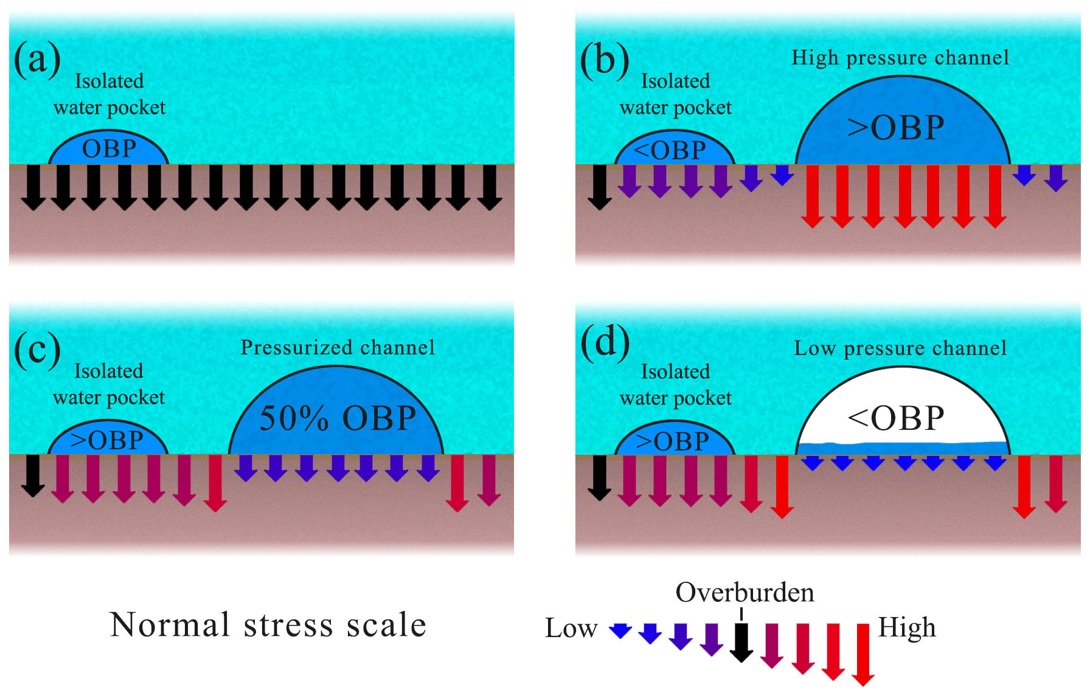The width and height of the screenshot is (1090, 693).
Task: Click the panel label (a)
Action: pos(37,60)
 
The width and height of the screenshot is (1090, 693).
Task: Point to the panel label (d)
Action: pos(605,343)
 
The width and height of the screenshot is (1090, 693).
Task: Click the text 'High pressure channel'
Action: pos(900,58)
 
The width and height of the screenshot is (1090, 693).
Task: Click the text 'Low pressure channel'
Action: pos(900,348)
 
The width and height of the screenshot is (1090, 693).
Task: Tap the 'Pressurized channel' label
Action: pos(338,348)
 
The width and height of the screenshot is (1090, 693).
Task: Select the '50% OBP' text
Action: pos(338,418)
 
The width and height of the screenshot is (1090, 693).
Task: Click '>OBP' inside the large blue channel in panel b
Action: pos(896,128)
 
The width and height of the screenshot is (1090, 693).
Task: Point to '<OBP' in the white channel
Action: pos(896,418)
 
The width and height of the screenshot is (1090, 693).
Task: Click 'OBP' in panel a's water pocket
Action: pos(109,149)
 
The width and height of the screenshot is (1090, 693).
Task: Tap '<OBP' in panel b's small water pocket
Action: pos(670,150)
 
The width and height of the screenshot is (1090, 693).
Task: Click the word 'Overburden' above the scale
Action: pos(745,593)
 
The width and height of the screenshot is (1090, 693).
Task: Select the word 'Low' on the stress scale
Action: pos(571,628)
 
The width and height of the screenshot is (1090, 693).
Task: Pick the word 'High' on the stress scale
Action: pos(907,628)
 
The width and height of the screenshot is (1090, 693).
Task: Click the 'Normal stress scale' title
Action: pos(268,625)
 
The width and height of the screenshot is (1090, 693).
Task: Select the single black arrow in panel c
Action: pos(33,476)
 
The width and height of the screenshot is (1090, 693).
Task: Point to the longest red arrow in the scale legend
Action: pos(863,654)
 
